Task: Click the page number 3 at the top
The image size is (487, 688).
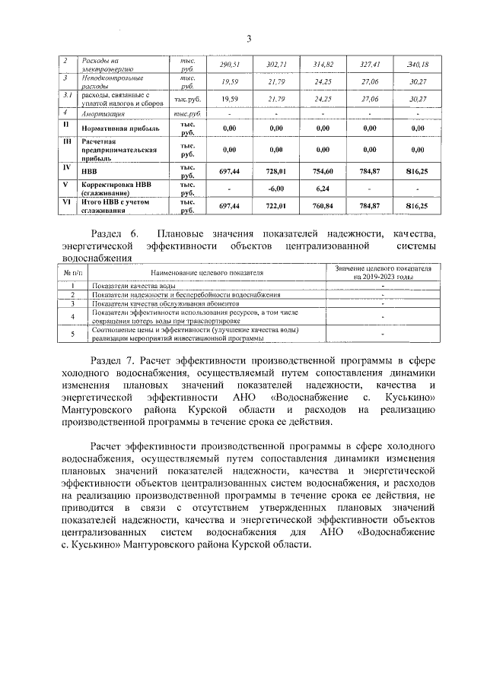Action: click(248, 39)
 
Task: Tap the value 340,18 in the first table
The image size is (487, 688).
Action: click(417, 65)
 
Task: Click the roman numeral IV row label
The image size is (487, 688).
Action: click(66, 167)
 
